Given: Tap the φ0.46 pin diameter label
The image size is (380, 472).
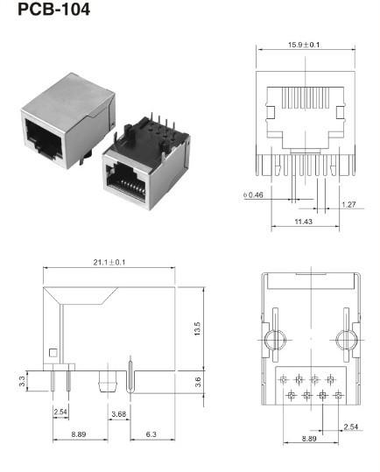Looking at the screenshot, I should pos(252,194).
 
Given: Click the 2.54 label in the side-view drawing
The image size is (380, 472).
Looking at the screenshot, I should pos(60,411).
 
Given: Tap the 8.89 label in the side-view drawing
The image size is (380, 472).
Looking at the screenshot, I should pos(79,433).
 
